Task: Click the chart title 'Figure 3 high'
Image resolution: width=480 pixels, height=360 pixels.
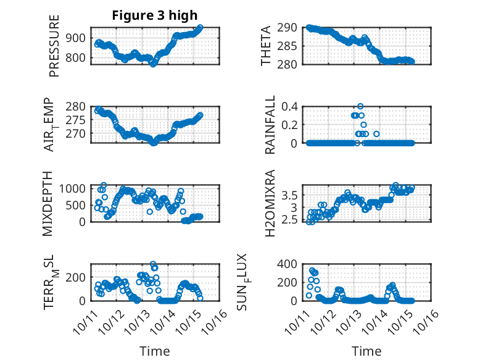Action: (x=155, y=15)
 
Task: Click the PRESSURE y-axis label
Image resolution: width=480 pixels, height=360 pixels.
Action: (x=54, y=50)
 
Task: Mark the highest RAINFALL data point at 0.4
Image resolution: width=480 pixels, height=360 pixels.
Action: (x=360, y=106)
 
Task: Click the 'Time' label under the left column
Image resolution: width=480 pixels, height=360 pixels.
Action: (x=155, y=351)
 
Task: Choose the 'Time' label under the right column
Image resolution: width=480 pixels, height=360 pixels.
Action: (x=366, y=351)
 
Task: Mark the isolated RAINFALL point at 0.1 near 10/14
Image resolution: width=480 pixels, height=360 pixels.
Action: (x=376, y=133)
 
